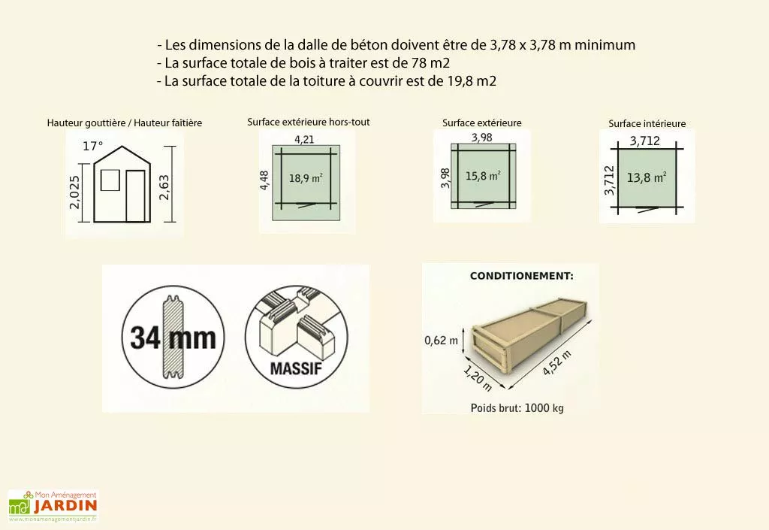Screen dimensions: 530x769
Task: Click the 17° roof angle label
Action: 92,146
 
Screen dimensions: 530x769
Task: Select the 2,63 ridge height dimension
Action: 164,184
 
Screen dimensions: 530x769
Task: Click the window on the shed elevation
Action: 110,180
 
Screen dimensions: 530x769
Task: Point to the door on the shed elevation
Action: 135,195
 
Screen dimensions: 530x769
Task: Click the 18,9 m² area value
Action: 306,179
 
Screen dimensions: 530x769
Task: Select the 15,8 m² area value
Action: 483,176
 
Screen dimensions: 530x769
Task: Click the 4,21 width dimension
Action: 304,139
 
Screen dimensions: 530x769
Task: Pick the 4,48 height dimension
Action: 265,180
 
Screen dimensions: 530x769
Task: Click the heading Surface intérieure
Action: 647,123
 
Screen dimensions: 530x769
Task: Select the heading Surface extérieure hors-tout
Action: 308,122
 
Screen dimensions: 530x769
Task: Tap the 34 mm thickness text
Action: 173,338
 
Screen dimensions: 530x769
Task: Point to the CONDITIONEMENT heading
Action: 521,276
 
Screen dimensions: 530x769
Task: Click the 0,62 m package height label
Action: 441,341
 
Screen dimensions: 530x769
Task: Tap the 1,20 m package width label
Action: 478,378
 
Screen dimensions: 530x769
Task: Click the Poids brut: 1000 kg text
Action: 517,408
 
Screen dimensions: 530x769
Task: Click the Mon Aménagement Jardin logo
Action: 53,506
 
